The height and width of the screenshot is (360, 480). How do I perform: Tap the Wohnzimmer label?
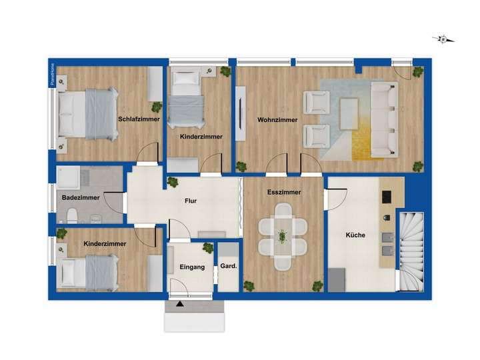pos(277,120)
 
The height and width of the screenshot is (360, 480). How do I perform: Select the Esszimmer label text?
pos(284,192)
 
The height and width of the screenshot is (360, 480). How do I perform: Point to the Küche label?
pos(355,235)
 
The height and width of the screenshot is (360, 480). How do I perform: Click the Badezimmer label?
pos(81,198)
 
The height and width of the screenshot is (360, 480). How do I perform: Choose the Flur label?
pos(190,200)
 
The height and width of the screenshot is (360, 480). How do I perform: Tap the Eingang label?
pos(193,267)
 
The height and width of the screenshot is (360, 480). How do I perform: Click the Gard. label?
pos(229,267)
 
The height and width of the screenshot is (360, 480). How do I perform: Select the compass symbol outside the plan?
pos(443,39)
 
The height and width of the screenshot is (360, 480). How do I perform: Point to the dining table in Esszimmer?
pos(283,235)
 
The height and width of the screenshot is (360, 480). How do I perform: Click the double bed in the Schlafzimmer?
pos(91,115)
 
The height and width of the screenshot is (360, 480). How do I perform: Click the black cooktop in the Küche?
pos(386,198)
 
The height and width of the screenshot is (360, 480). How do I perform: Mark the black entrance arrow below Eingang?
pos(179,304)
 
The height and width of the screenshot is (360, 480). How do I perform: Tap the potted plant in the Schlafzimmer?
pos(157,107)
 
